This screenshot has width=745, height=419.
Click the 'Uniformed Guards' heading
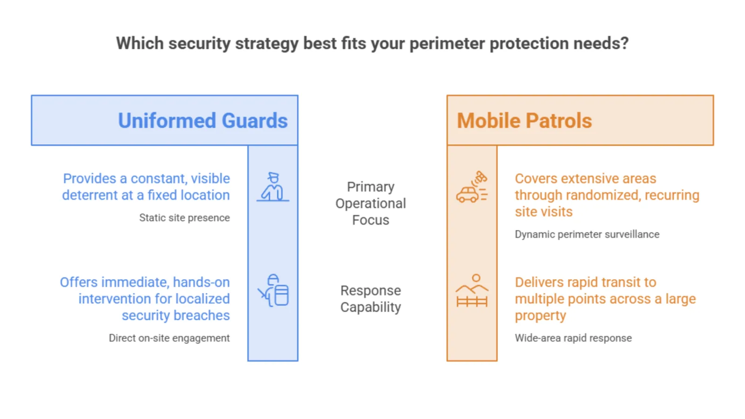pyautogui.click(x=203, y=121)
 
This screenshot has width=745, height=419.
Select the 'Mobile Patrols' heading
pyautogui.click(x=524, y=121)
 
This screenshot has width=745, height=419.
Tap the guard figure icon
pyautogui.click(x=273, y=187)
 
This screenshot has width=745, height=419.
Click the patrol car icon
pyautogui.click(x=472, y=187)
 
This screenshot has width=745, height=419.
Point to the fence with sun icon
pyautogui.click(x=472, y=291)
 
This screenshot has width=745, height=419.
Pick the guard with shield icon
pyautogui.click(x=273, y=291)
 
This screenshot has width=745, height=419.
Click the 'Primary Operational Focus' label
pyautogui.click(x=371, y=203)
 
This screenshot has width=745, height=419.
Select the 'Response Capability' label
pyautogui.click(x=371, y=298)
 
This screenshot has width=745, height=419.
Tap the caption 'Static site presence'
pyautogui.click(x=184, y=218)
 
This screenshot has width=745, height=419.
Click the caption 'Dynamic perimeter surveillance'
pyautogui.click(x=587, y=235)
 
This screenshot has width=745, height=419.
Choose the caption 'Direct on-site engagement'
pyautogui.click(x=169, y=338)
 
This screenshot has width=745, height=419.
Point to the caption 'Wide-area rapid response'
pyautogui.click(x=573, y=338)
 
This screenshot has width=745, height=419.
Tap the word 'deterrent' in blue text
pyautogui.click(x=90, y=195)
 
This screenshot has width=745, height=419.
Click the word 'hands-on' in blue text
pyautogui.click(x=201, y=282)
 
